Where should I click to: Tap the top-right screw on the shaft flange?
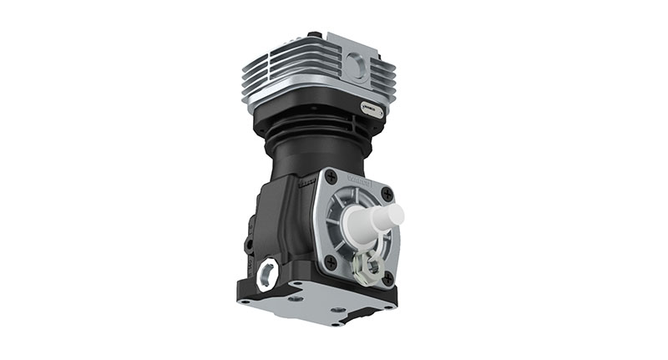(x=386, y=194)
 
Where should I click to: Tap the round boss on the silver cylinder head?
(x=357, y=65)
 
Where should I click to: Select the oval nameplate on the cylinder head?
(x=372, y=108)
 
